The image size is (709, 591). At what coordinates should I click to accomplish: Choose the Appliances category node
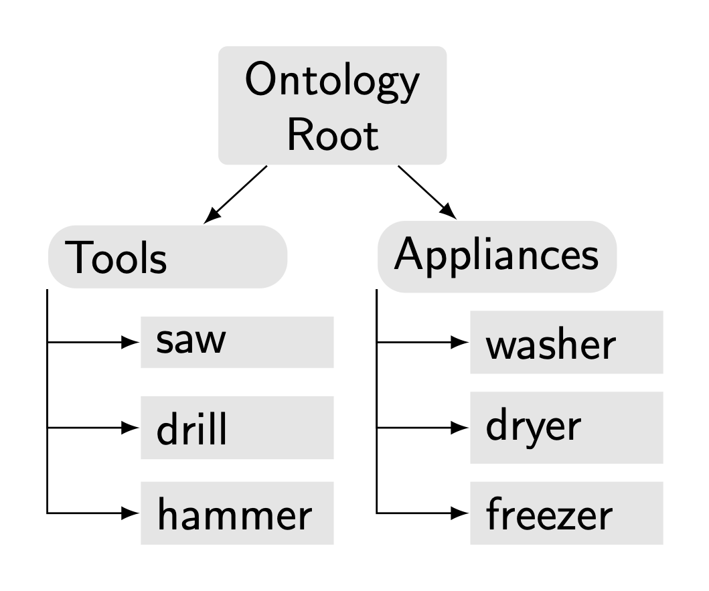(x=496, y=256)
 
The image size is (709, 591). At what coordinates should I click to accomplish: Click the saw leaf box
(x=237, y=342)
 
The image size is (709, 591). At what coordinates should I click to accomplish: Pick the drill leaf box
(x=237, y=428)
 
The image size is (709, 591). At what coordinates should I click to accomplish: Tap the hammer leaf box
(x=237, y=514)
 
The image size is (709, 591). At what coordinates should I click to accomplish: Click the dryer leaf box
(x=566, y=428)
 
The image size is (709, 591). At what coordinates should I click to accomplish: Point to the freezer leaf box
(x=566, y=514)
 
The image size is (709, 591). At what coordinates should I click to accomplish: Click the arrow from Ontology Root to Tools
(x=236, y=194)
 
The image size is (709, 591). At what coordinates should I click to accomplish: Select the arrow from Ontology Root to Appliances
(x=427, y=192)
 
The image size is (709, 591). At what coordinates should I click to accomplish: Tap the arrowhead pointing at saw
(x=129, y=342)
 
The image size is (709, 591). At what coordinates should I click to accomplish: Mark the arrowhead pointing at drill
(x=129, y=428)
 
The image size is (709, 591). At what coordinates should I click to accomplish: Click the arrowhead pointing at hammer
(x=129, y=514)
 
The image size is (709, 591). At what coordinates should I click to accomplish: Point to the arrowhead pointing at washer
(x=459, y=342)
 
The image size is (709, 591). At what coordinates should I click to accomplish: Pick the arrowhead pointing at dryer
(x=459, y=428)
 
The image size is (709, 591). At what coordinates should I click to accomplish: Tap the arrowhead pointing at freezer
(x=459, y=514)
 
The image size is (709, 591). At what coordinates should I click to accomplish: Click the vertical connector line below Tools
(x=48, y=402)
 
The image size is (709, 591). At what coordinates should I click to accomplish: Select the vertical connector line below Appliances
(x=377, y=402)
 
